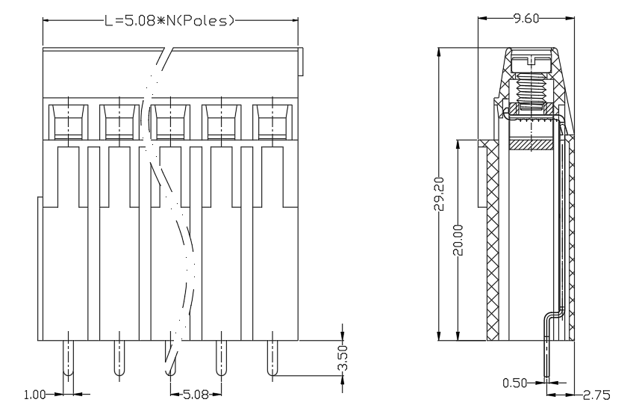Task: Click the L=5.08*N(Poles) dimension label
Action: tap(169, 20)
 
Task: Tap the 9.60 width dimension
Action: tap(526, 18)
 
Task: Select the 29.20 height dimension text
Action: tap(439, 194)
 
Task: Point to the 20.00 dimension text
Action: tap(458, 240)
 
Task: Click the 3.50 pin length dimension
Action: tap(343, 358)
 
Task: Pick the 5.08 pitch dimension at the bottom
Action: tap(196, 394)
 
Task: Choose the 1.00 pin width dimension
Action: tap(35, 395)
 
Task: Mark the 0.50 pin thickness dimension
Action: tap(514, 383)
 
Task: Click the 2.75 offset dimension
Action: tap(596, 395)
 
